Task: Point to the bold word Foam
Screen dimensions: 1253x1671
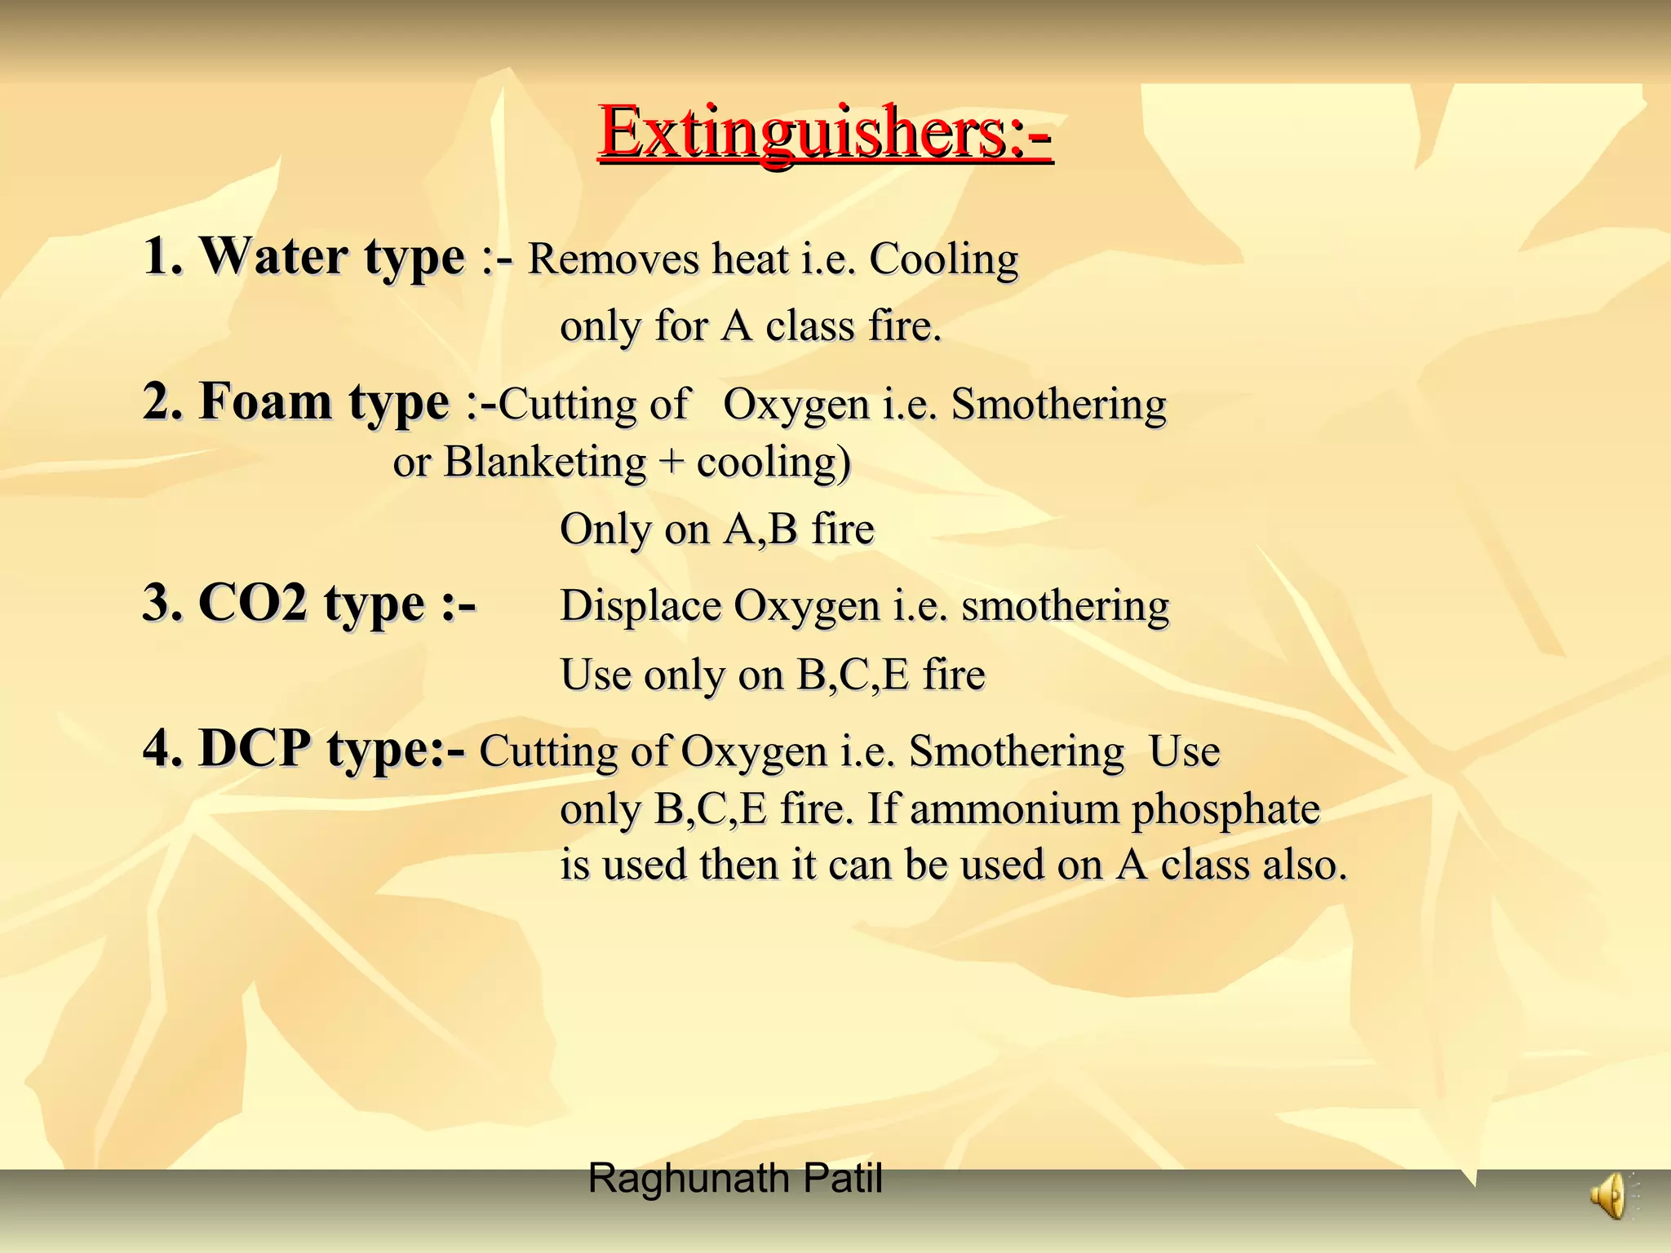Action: coord(266,401)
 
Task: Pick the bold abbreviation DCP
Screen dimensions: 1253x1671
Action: coord(255,748)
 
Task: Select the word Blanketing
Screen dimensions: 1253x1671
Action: coord(544,463)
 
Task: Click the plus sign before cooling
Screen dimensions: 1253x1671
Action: coord(671,463)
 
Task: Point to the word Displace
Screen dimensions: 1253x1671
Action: coord(640,606)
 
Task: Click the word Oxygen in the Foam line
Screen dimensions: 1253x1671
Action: coord(796,405)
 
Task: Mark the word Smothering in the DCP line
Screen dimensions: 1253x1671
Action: coord(1016,751)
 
